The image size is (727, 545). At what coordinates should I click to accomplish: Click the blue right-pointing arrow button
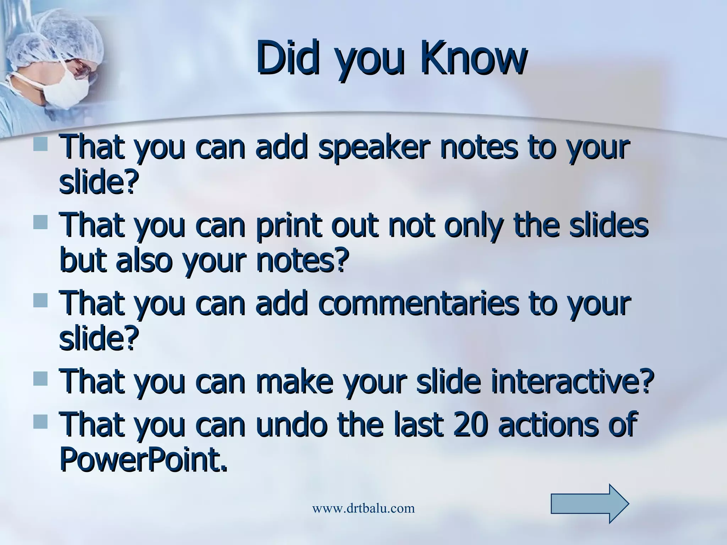590,503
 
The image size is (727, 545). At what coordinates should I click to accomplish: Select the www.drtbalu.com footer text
363,508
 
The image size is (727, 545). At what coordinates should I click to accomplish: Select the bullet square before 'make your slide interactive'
40,379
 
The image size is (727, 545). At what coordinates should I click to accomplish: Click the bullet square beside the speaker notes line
40,145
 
